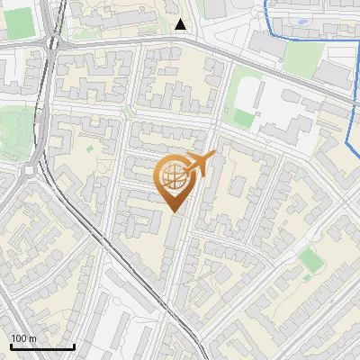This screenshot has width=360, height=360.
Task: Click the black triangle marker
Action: point(181,24)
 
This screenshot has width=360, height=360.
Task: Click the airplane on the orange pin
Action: point(202,164)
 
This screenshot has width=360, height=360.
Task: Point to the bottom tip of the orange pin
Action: point(175,212)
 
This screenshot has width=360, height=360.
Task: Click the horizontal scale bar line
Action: point(42,346)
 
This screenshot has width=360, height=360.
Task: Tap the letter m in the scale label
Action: point(32,339)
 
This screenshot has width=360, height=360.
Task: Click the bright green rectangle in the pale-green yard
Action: point(244,116)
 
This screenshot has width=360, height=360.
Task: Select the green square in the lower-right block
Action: point(310,261)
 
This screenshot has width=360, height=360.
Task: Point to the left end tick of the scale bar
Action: point(10,345)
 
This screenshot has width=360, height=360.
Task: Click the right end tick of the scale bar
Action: point(75,345)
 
